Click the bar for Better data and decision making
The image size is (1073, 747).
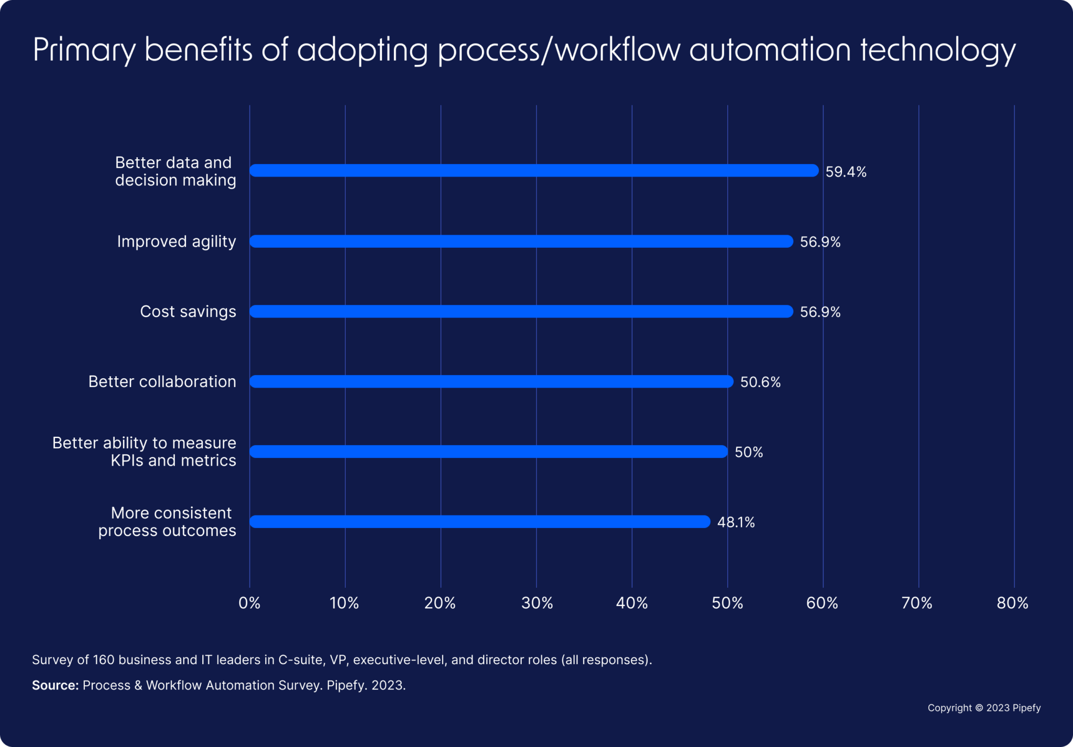click(x=533, y=171)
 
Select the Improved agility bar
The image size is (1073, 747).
click(x=521, y=241)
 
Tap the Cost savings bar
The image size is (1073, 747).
click(x=521, y=312)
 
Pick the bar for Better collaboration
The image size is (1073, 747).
click(x=491, y=381)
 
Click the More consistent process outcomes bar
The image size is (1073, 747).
click(x=479, y=522)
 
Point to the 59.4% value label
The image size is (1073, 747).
click(x=846, y=172)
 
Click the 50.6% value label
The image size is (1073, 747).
click(x=760, y=382)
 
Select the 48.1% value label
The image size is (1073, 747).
click(x=736, y=522)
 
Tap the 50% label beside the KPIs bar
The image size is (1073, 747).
click(x=748, y=453)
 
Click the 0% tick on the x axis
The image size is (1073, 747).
click(x=249, y=603)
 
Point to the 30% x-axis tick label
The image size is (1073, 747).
click(x=537, y=603)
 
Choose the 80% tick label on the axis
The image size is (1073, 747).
click(x=1012, y=603)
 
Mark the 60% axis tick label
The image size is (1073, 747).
click(x=822, y=603)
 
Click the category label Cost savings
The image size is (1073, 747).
click(x=188, y=312)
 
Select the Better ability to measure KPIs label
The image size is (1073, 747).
click(x=144, y=452)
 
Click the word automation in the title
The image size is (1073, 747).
click(x=770, y=50)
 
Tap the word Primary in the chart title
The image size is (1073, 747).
click(x=84, y=51)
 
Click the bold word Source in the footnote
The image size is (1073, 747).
click(x=55, y=685)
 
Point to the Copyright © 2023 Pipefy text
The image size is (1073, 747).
click(x=983, y=708)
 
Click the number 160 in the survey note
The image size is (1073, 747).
click(x=104, y=660)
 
